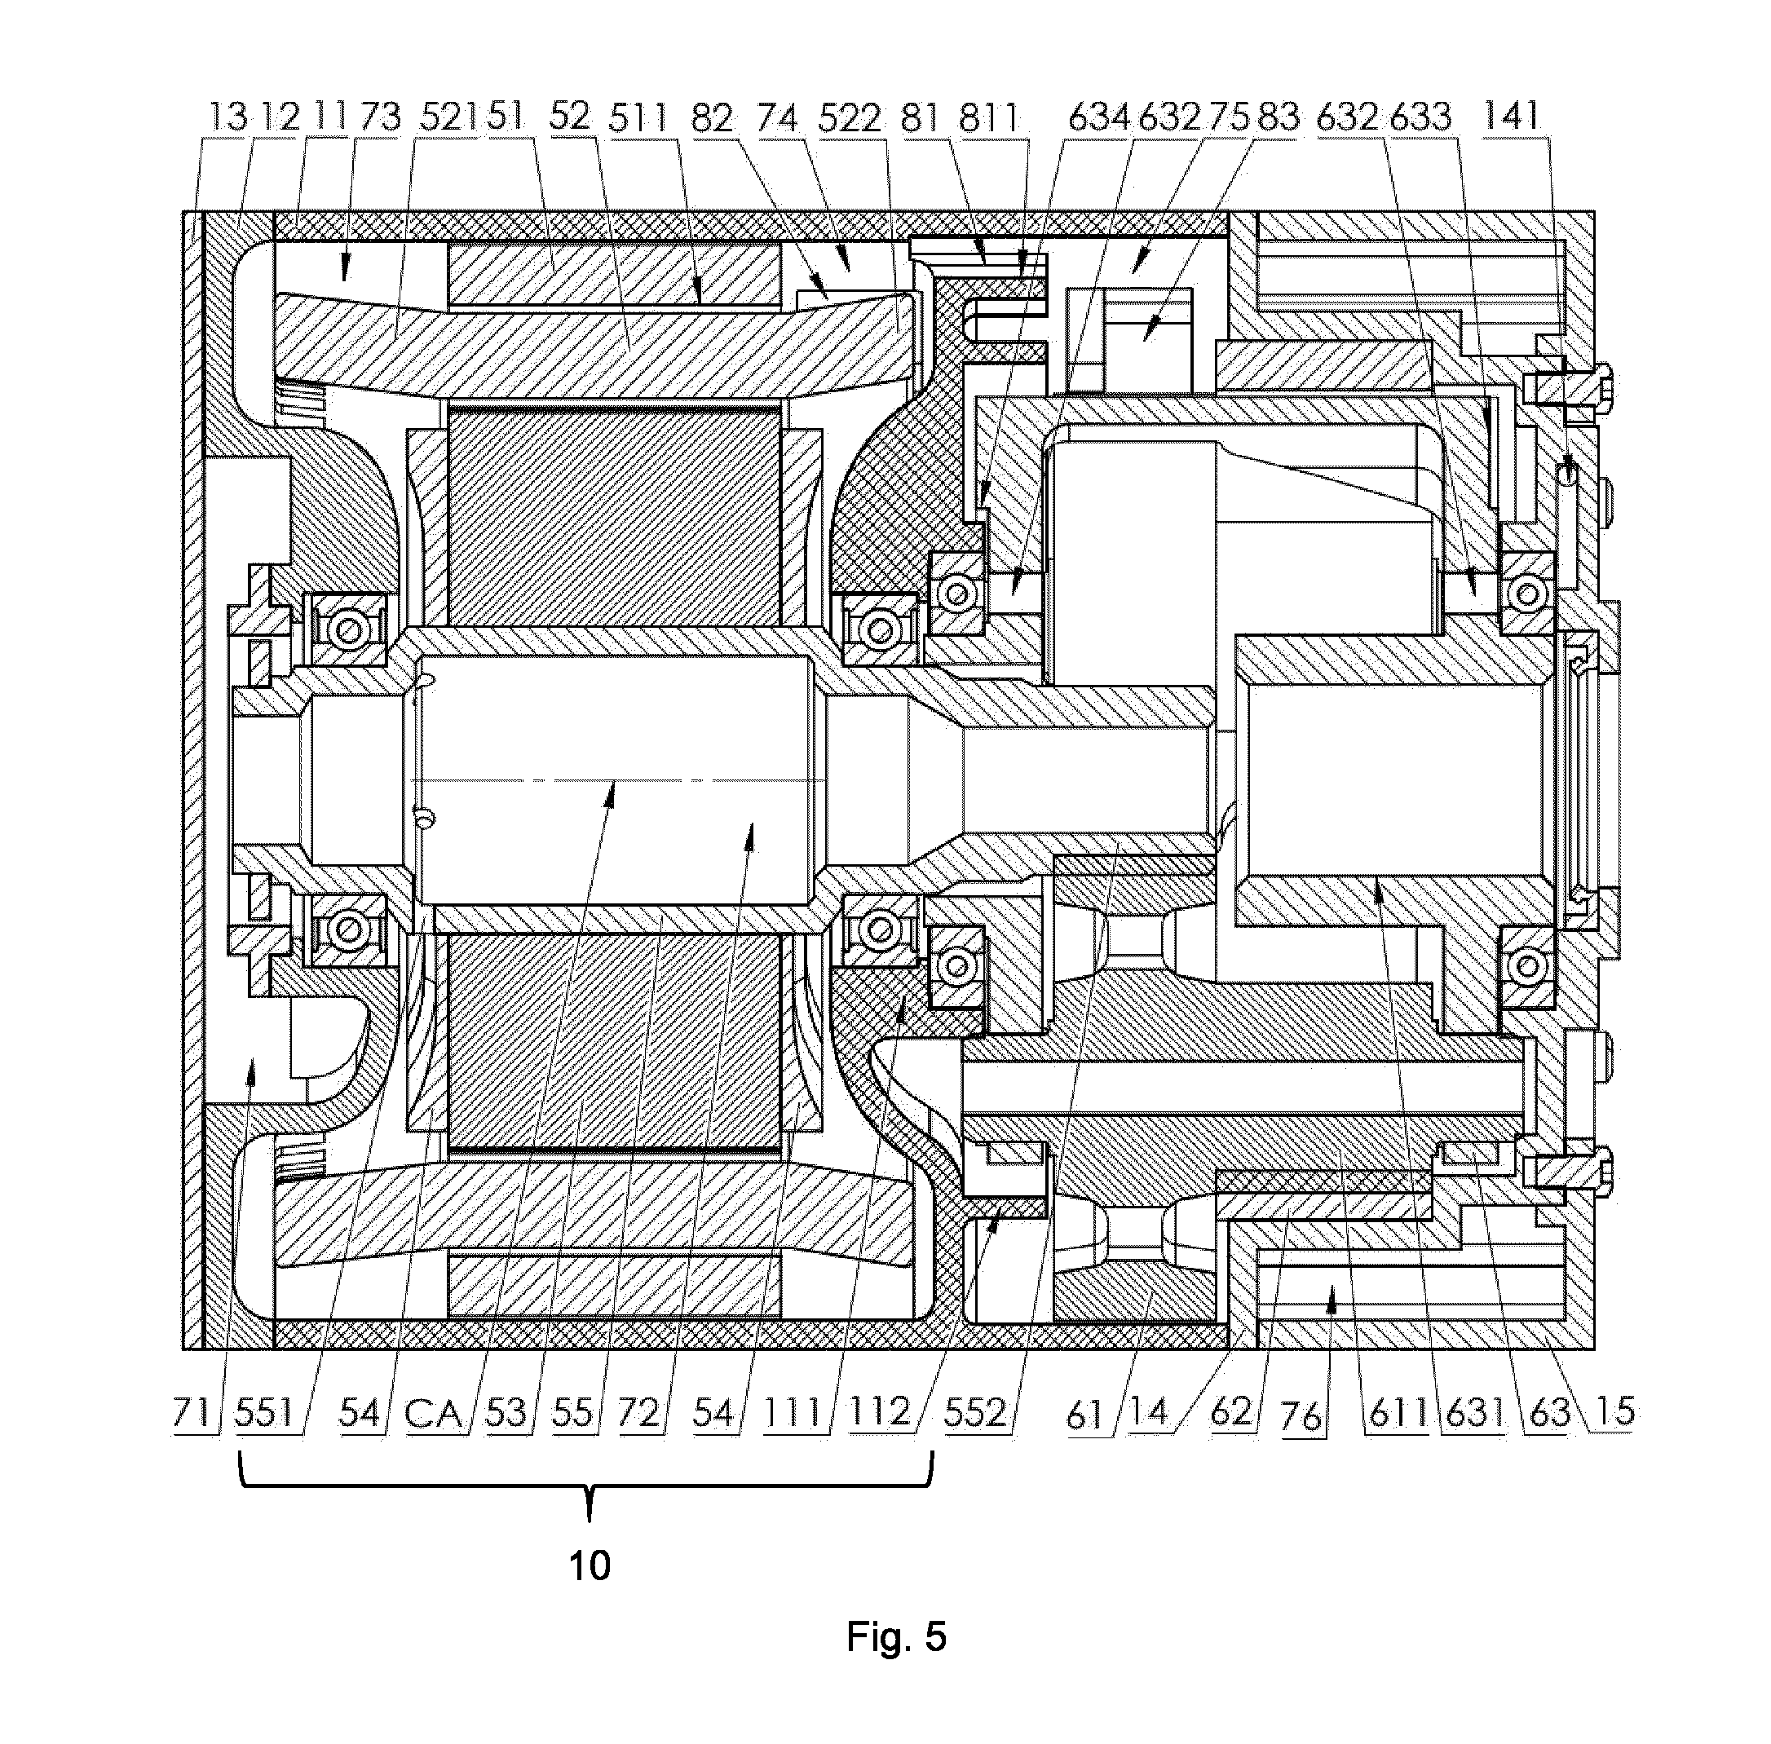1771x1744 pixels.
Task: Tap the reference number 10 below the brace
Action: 590,1565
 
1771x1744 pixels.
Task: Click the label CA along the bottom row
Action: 433,1413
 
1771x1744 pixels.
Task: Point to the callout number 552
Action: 977,1413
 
